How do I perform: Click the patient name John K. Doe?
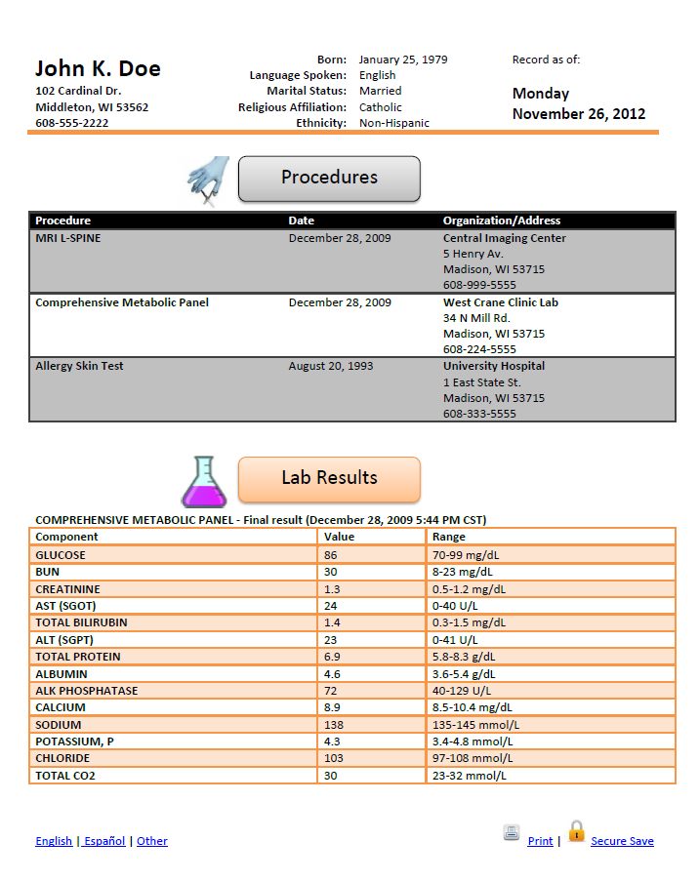click(98, 68)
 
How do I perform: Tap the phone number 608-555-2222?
click(72, 123)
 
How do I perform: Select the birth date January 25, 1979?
click(403, 60)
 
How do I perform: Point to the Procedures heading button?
click(329, 178)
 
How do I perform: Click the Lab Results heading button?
click(329, 478)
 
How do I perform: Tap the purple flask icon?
click(203, 481)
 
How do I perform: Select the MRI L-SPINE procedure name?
click(67, 238)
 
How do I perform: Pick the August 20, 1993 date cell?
click(330, 366)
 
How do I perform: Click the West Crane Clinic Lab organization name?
click(500, 302)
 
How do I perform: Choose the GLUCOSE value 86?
click(330, 555)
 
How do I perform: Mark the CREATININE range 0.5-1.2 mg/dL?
click(469, 589)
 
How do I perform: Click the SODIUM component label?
click(59, 725)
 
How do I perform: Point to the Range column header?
click(449, 537)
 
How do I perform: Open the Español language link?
click(104, 841)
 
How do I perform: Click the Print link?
click(540, 841)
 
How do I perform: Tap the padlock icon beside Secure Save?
click(576, 831)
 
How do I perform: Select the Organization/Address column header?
click(502, 220)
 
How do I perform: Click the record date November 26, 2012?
click(579, 113)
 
